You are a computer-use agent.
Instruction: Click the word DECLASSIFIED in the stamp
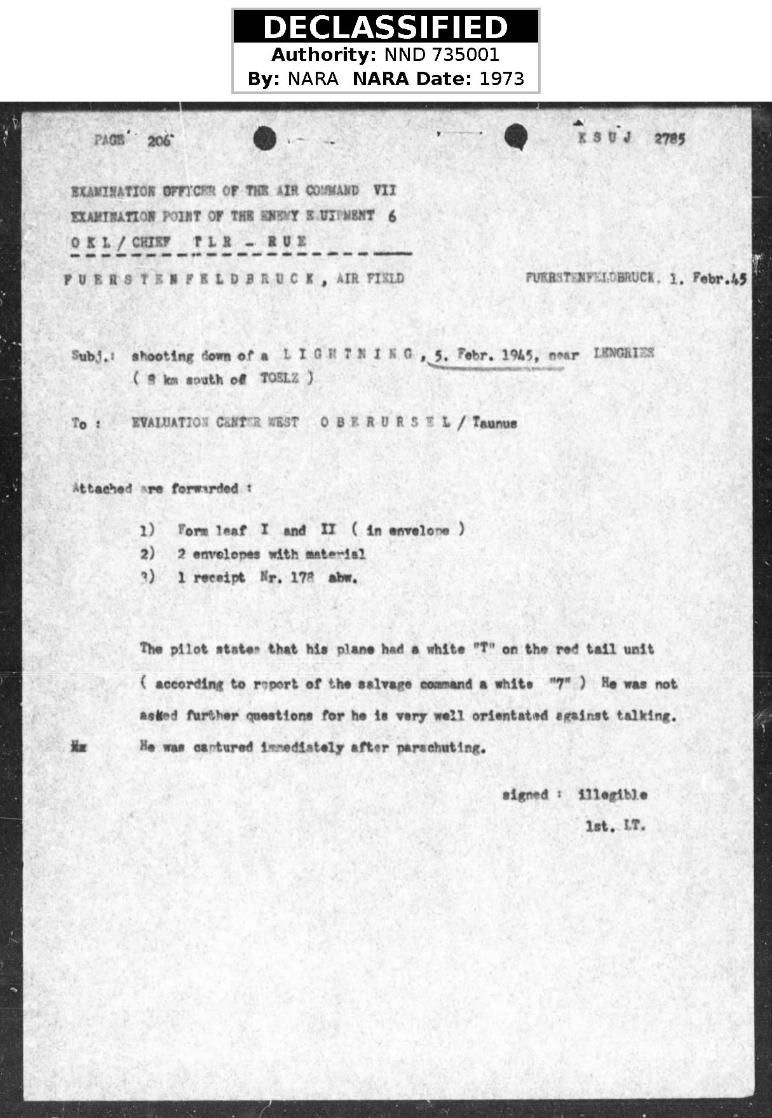pos(385,27)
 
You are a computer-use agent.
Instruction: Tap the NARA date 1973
pos(502,79)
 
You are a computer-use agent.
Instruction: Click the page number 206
pos(159,140)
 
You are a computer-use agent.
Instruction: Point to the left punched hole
pos(264,138)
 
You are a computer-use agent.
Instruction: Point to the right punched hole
pos(516,136)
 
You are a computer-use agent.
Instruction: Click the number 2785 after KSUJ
pos(670,138)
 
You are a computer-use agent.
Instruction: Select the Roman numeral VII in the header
pos(384,190)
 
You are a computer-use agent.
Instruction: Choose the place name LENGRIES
pos(623,353)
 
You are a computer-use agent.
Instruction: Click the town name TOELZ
pos(279,378)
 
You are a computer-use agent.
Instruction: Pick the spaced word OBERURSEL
pos(386,422)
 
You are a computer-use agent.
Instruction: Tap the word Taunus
pos(494,423)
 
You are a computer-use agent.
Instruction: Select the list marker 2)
pos(147,554)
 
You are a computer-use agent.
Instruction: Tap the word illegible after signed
pos(613,795)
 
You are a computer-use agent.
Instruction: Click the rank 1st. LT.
pos(615,826)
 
